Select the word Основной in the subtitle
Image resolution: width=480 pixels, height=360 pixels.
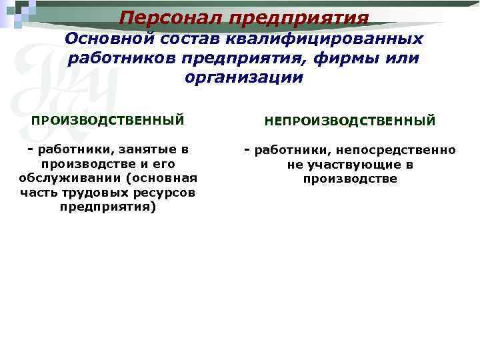tap(101, 39)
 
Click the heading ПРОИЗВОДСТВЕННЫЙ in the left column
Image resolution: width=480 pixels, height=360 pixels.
tap(108, 121)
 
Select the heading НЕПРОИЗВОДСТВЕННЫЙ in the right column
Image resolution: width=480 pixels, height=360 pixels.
tap(350, 121)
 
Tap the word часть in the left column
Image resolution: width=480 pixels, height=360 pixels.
tap(38, 193)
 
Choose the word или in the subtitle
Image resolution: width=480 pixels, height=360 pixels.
tap(403, 59)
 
